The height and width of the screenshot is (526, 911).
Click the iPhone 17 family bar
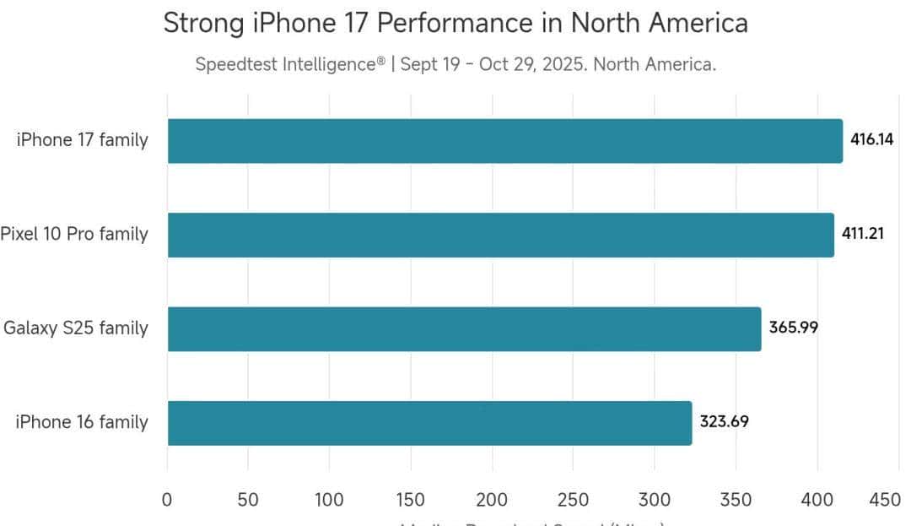[x=504, y=140]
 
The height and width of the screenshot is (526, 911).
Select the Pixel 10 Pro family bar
[x=500, y=234]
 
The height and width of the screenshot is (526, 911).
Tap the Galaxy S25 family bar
[x=464, y=328]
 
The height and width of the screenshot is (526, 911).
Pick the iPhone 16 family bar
[x=429, y=422]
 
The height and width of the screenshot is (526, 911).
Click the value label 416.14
[x=871, y=140]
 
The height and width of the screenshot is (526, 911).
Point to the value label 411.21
[x=863, y=234]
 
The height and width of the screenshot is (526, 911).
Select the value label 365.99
[x=793, y=328]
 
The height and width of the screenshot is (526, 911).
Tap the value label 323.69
[x=724, y=422]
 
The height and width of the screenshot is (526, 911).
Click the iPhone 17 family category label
[x=82, y=140]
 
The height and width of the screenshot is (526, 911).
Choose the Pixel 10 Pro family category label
[x=74, y=234]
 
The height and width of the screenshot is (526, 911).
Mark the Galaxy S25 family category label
[x=76, y=328]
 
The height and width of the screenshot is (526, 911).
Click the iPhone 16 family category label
[x=82, y=422]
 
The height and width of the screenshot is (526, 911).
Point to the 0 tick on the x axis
[x=167, y=500]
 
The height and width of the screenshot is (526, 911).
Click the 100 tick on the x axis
[x=329, y=500]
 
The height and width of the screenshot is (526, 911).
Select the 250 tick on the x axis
[x=573, y=500]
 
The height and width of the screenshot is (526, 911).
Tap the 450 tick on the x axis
[x=884, y=500]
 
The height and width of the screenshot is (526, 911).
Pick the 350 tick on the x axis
[x=736, y=500]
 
